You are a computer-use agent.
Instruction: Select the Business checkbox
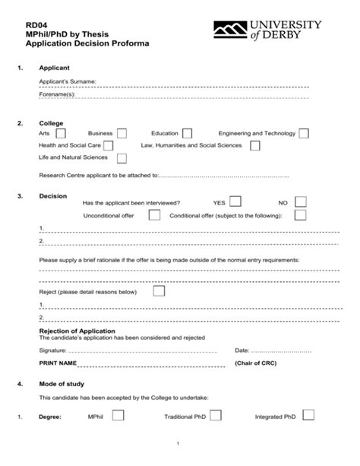click(122, 134)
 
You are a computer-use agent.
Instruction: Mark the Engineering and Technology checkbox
click(304, 134)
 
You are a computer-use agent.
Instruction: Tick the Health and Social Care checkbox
click(108, 145)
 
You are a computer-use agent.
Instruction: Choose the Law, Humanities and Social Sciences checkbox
click(254, 145)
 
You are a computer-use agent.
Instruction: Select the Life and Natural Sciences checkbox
click(122, 158)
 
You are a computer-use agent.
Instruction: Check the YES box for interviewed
click(235, 201)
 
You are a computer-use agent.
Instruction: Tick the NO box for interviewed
click(300, 201)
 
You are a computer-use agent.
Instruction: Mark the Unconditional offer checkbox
click(154, 215)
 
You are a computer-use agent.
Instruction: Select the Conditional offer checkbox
click(300, 215)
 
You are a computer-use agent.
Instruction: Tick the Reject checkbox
click(159, 290)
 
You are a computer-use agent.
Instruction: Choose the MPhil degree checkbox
click(118, 416)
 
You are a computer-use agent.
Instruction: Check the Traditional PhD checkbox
click(216, 416)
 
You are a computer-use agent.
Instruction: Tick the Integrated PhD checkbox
click(308, 415)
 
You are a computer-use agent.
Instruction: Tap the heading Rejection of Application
click(77, 331)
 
